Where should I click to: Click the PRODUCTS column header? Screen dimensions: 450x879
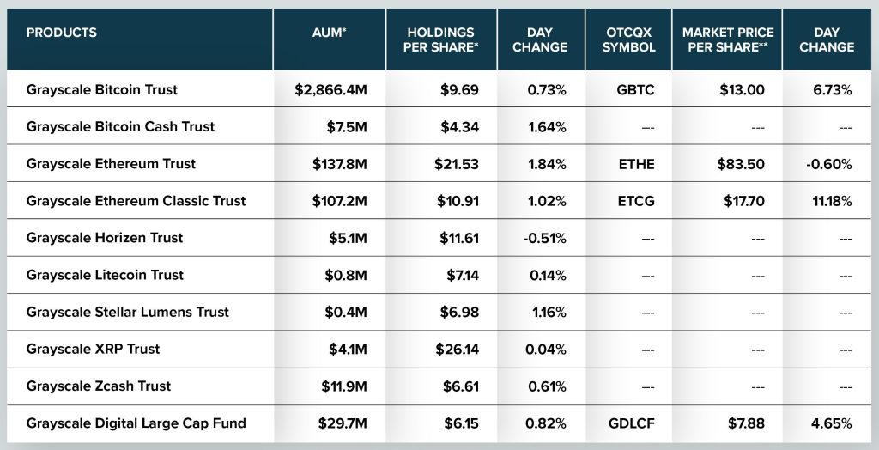coord(62,33)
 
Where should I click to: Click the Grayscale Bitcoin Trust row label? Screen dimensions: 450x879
coord(102,89)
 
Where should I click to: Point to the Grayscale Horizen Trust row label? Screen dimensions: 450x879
coord(105,238)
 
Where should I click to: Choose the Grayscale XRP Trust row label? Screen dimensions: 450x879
coord(93,349)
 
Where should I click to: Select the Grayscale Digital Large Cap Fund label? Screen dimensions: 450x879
coord(136,423)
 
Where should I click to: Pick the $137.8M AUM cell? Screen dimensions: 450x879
coord(340,164)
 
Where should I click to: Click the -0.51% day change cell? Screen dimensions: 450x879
coord(544,238)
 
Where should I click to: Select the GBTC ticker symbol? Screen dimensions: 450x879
coord(635,89)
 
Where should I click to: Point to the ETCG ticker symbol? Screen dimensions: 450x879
coord(635,201)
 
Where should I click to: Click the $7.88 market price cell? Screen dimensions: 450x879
coord(745,423)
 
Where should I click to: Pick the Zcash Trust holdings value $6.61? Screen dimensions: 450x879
coord(461,386)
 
